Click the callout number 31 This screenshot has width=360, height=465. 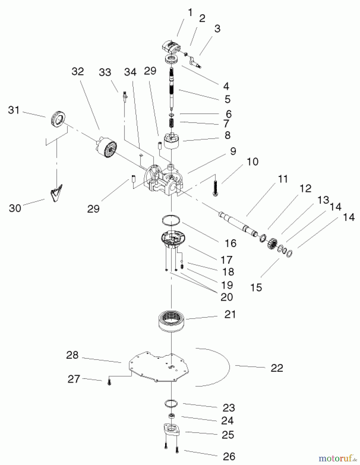pyautogui.click(x=14, y=110)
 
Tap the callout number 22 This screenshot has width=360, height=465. pyautogui.click(x=277, y=368)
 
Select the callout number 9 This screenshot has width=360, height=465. pyautogui.click(x=233, y=151)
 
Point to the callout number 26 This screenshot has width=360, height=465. pyautogui.click(x=229, y=456)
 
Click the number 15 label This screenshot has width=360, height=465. pyautogui.click(x=256, y=288)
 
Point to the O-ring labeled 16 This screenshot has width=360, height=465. pyautogui.click(x=171, y=220)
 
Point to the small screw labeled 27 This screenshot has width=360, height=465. pyautogui.click(x=109, y=383)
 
